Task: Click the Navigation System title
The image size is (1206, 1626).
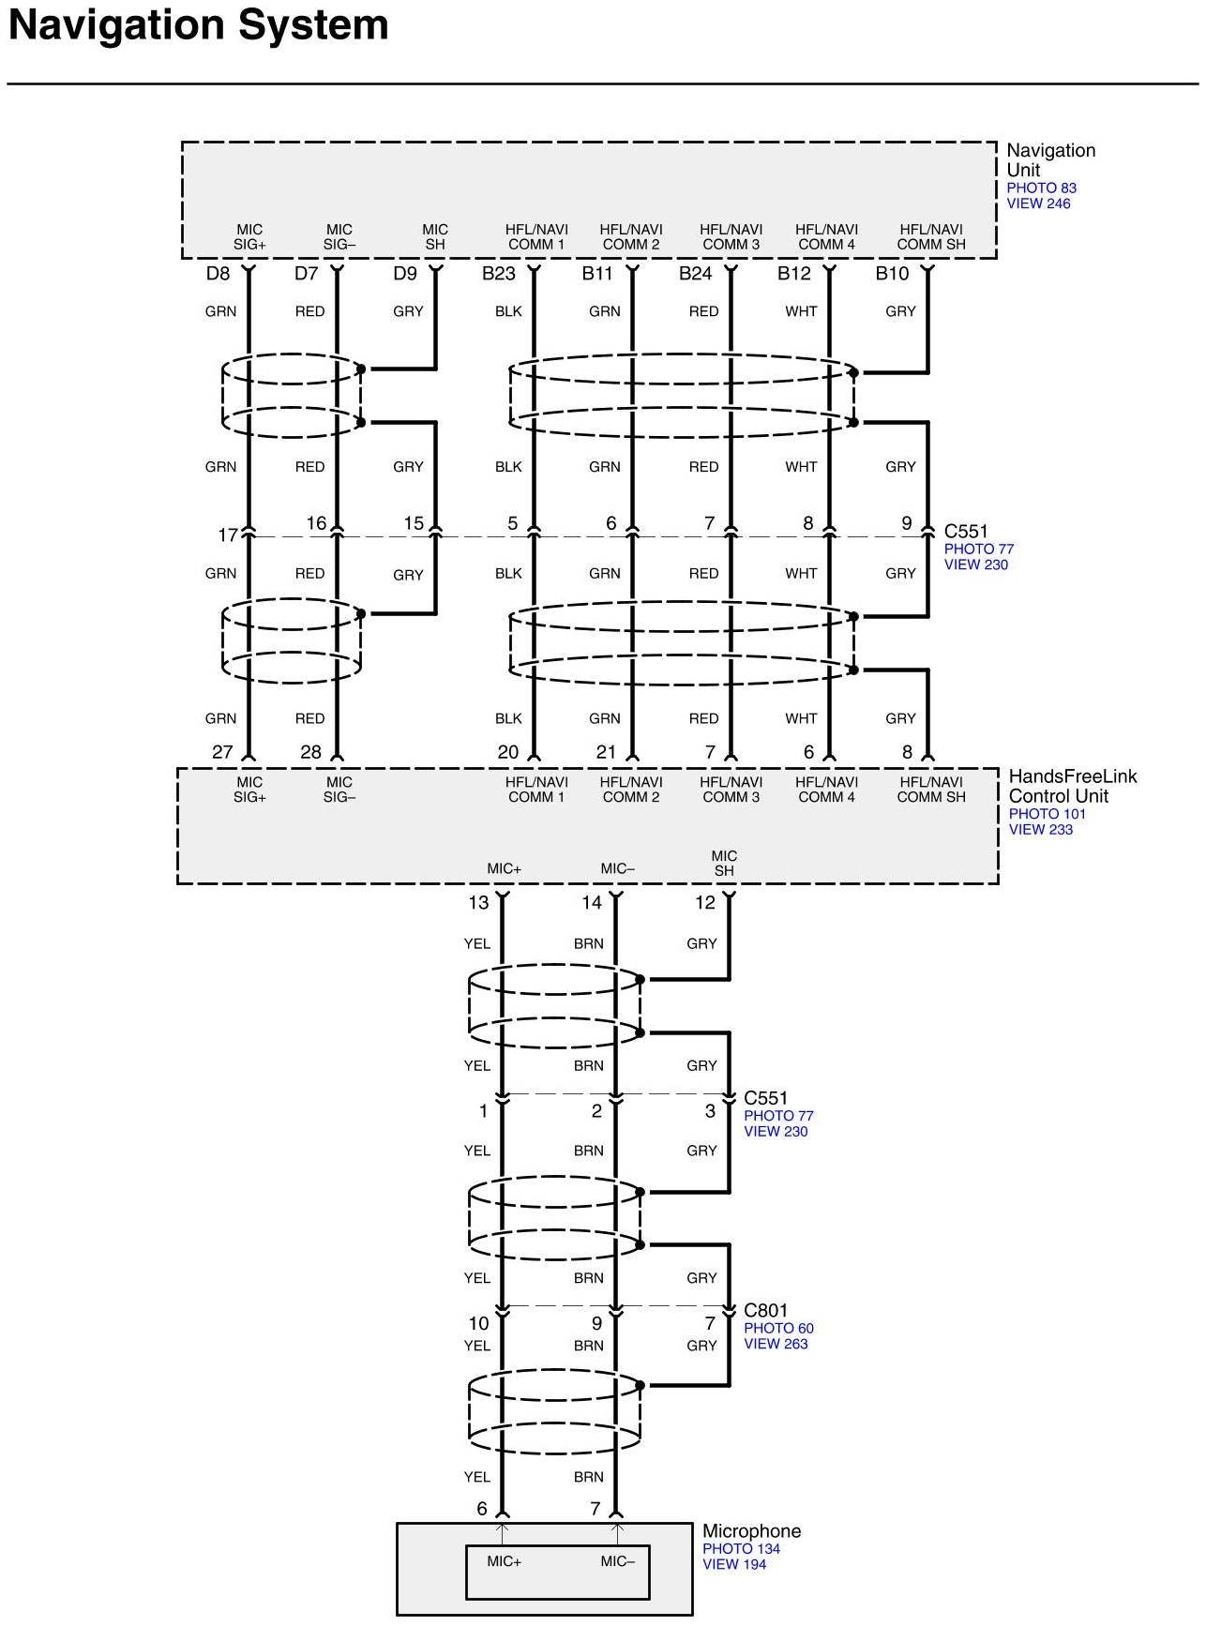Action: pos(198,25)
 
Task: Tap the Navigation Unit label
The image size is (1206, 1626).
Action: pos(1049,159)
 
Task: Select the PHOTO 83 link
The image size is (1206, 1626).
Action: pos(1041,188)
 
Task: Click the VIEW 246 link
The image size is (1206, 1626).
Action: pos(1038,203)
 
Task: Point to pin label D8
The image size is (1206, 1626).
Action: pos(218,274)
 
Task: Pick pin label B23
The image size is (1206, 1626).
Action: pos(498,274)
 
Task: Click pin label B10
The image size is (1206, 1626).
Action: pos(892,274)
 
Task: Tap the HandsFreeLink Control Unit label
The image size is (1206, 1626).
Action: pos(1072,786)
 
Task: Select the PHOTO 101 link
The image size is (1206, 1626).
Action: pos(1047,814)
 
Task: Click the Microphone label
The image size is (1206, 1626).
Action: pos(751,1531)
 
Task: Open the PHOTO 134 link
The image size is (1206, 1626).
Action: pos(741,1549)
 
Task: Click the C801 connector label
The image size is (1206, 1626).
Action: pos(765,1311)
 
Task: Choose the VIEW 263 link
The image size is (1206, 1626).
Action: pos(776,1344)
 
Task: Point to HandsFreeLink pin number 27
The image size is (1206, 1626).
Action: pos(222,752)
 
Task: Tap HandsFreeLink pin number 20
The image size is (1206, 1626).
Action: pos(507,752)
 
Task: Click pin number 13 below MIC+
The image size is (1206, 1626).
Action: pos(478,903)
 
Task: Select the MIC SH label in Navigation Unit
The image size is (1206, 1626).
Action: pos(435,236)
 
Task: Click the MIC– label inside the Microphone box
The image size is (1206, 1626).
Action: pos(617,1561)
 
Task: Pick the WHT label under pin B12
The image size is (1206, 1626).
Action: pos(801,311)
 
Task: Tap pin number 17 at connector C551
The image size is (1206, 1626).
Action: pos(227,535)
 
